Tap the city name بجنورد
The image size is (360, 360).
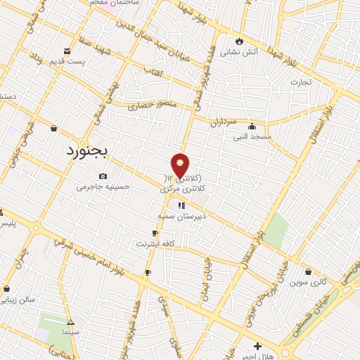click(89, 150)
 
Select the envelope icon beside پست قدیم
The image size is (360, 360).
click(67, 51)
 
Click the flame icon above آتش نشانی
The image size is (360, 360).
click(239, 41)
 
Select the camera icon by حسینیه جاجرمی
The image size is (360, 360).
click(103, 176)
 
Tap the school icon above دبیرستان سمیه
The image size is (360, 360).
click(181, 206)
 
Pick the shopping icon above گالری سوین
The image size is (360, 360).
click(309, 272)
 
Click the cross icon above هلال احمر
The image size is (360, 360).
click(258, 346)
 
